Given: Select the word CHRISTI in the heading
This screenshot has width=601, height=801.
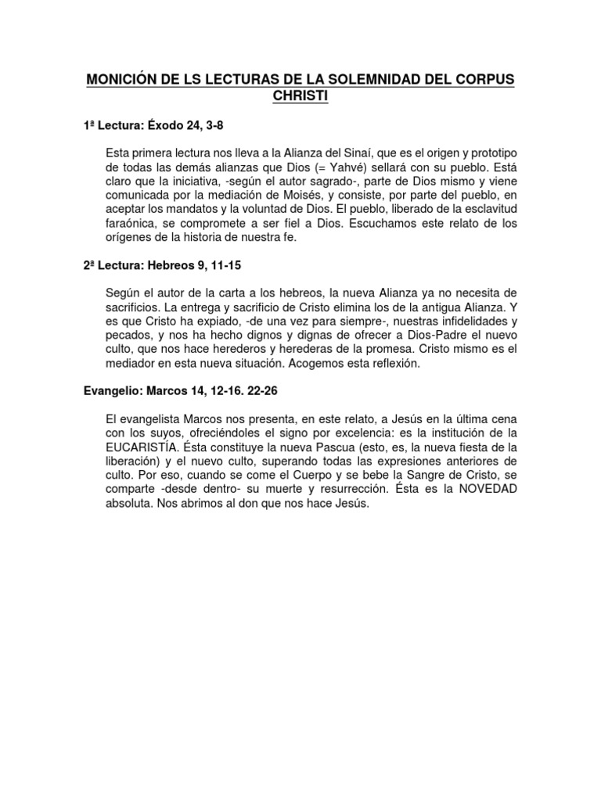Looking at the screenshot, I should tap(300, 96).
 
